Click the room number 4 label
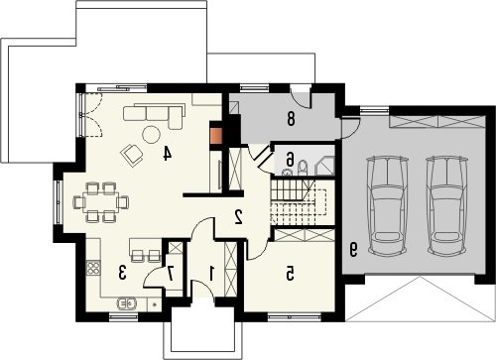click(x=168, y=154)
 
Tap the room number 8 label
click(x=291, y=119)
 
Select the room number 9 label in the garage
click(x=353, y=250)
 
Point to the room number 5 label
click(x=290, y=274)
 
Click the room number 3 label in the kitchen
click(x=122, y=273)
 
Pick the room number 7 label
click(x=171, y=274)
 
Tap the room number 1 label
click(x=211, y=273)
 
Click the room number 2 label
click(x=238, y=217)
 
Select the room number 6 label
click(x=290, y=160)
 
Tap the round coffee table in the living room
click(x=151, y=135)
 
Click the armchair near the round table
click(x=132, y=155)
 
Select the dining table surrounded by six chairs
click(x=100, y=202)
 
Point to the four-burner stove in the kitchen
click(x=93, y=268)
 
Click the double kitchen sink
click(x=127, y=302)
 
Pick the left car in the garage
click(x=387, y=205)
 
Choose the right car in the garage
click(x=447, y=205)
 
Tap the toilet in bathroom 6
click(x=303, y=169)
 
